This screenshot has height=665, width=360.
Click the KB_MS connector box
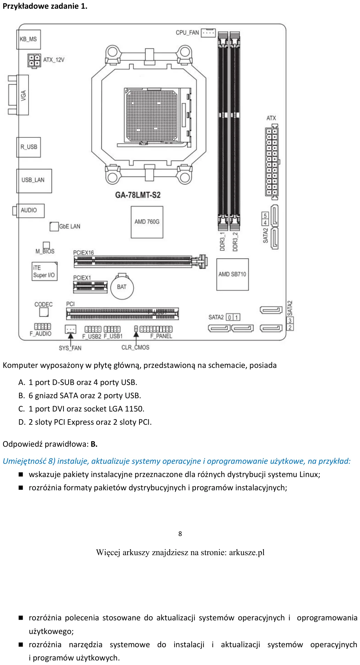29,39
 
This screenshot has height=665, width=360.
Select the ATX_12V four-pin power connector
34,60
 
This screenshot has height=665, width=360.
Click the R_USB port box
29,147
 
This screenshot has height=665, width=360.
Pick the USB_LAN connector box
34,181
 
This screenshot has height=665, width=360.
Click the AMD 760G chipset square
147,222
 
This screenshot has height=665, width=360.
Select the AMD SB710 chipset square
232,274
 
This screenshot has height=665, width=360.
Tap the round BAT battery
122,287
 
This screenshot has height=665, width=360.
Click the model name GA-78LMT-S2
138,195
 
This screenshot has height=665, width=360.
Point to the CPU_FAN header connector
208,33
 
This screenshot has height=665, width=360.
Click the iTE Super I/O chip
44,271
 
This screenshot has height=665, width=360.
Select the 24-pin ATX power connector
272,161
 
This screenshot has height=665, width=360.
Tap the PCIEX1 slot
90,287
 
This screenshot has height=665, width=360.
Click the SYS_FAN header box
71,329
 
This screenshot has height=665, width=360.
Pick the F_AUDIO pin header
43,326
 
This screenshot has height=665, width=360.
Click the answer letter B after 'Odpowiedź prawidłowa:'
94,444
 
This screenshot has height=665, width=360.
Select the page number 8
180,534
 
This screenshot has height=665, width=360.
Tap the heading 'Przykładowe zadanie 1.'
45,6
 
